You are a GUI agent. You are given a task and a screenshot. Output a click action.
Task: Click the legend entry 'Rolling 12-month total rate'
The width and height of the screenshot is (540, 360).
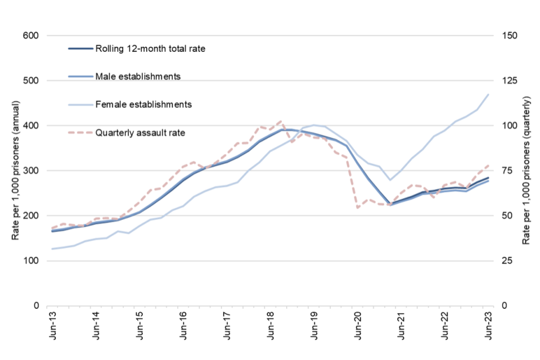point(150,49)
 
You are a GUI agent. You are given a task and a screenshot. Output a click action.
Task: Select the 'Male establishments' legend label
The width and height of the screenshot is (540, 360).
point(138,76)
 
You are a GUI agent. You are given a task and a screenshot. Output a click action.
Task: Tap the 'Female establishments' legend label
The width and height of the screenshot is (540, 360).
point(144,104)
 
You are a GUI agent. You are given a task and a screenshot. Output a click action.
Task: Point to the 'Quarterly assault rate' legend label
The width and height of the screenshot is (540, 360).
point(140,133)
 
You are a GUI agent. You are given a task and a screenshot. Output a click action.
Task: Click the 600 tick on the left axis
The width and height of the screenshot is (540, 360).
point(30,35)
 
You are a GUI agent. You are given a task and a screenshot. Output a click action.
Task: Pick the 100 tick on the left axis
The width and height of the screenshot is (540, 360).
point(30,260)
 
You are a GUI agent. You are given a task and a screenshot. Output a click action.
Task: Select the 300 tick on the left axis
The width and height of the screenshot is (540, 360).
point(30,170)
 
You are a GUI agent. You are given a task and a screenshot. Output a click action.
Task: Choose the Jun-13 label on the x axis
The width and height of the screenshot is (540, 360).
point(52,328)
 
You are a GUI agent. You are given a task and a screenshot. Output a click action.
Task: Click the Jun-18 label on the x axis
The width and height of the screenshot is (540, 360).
point(270,328)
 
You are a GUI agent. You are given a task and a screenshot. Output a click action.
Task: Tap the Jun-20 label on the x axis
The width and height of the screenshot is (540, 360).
point(357,328)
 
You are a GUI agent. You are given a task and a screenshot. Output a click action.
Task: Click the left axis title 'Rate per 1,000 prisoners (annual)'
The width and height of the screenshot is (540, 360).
point(15,170)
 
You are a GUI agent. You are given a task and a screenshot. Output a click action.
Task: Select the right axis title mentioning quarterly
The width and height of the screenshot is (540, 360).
point(526,170)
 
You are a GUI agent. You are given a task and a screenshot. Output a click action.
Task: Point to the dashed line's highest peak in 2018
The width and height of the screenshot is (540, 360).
point(281,121)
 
